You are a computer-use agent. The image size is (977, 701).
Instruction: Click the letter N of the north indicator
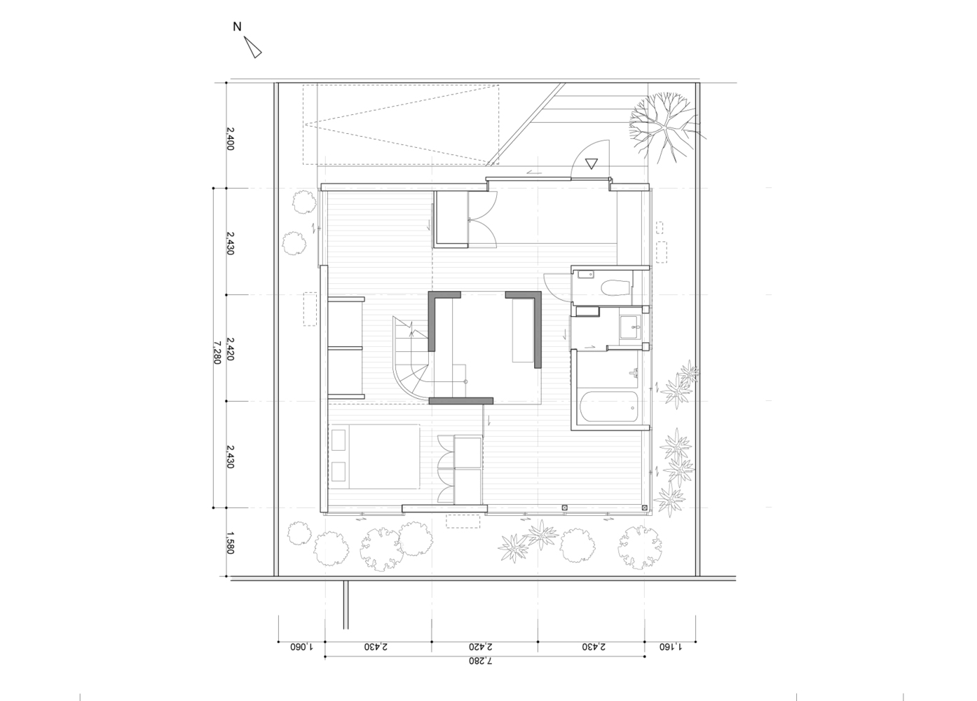coord(237,27)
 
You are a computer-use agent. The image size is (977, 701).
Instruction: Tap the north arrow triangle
coord(253,48)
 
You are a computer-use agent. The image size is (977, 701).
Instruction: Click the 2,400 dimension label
coord(231,139)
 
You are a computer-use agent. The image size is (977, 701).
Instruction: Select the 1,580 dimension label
coord(231,543)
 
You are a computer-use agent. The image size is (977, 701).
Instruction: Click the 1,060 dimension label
coord(302,646)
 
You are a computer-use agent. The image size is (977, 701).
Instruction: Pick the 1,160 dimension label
coord(671,646)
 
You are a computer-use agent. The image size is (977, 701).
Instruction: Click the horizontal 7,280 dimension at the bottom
coord(481,661)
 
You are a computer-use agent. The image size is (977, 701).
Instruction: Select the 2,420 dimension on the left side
coord(231,349)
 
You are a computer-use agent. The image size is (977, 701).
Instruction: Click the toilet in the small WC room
coord(615,288)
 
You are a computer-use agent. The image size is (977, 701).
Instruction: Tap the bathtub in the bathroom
coord(609,407)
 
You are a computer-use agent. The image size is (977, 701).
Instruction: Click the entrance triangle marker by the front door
coord(592,163)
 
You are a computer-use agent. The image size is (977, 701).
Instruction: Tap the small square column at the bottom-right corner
coord(644,508)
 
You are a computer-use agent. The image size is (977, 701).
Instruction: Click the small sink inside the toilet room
coord(586,275)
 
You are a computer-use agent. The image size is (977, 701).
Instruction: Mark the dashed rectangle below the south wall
coord(463,522)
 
